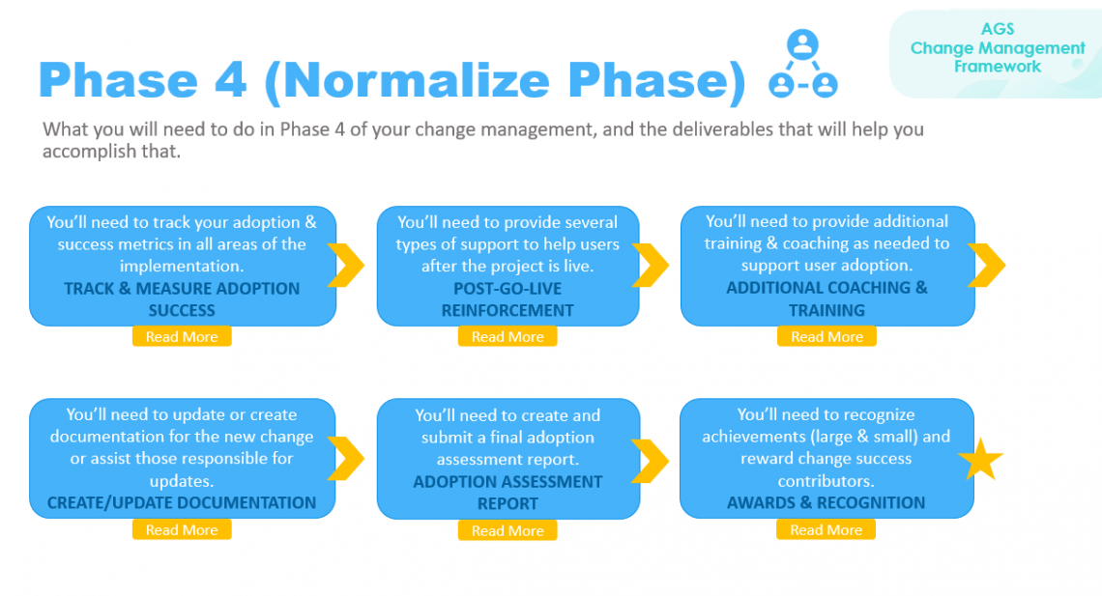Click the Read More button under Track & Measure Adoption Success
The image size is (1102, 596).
click(182, 337)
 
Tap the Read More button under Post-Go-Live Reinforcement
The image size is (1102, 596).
click(507, 337)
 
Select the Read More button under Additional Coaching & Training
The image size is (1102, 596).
click(826, 337)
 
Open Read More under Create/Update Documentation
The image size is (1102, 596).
click(182, 530)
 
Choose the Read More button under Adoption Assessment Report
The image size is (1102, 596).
click(507, 531)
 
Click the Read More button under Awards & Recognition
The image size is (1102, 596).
click(826, 530)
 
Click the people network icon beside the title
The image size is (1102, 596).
click(802, 65)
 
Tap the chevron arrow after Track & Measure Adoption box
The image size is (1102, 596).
click(345, 265)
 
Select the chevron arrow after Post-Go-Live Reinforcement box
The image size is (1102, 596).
click(651, 265)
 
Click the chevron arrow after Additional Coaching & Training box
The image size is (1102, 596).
click(985, 265)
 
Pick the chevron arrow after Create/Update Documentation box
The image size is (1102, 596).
click(345, 458)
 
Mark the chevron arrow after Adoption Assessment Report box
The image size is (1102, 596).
click(651, 458)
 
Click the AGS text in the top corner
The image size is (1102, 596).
click(998, 29)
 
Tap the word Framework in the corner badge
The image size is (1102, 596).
click(998, 67)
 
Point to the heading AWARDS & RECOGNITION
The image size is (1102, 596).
click(826, 502)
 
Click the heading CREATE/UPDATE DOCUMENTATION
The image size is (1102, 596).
click(182, 502)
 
